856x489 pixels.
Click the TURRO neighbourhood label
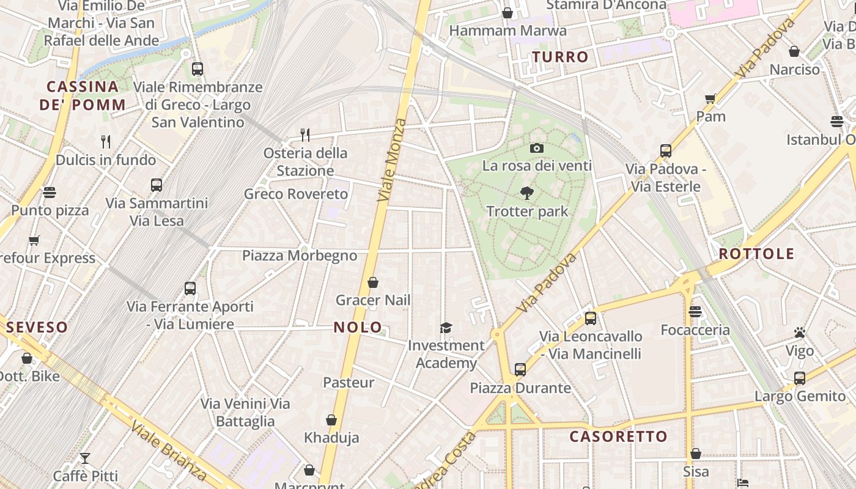coord(560,57)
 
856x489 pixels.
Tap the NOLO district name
coord(358,327)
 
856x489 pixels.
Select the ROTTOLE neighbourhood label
coord(756,254)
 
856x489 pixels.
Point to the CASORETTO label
coord(618,436)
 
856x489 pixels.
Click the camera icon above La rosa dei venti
coord(537,148)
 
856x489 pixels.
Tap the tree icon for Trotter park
coord(527,194)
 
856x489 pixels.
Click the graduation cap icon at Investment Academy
coord(446,328)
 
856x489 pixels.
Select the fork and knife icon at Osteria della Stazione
coord(304,134)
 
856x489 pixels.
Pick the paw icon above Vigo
coord(800,333)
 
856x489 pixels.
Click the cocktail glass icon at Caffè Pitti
coord(85,458)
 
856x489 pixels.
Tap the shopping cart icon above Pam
coord(710,98)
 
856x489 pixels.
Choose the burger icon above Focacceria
coord(695,312)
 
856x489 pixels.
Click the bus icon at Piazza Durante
coord(520,369)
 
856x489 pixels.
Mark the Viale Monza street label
coord(392,160)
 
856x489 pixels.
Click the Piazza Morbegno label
coord(300,256)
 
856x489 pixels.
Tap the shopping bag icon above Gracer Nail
coord(372,282)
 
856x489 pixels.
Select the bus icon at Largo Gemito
coord(799,378)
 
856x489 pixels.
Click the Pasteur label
coord(349,383)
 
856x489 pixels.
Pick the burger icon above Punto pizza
coord(50,193)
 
